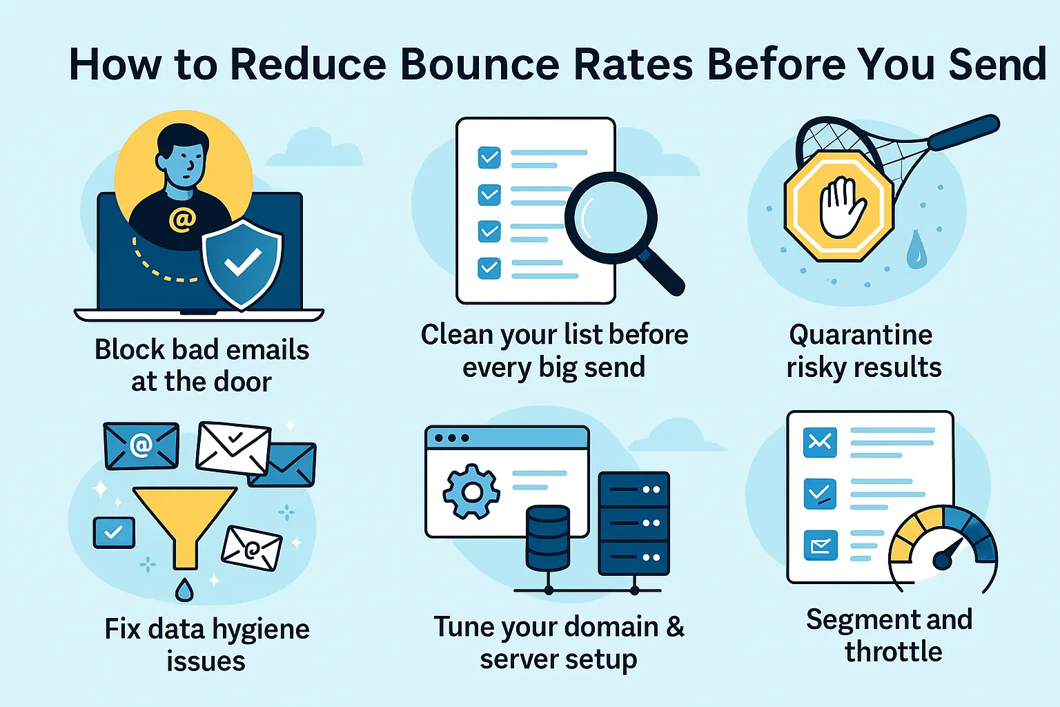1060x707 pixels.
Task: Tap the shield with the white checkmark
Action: tap(242, 262)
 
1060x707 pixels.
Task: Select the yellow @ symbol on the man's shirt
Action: tap(182, 220)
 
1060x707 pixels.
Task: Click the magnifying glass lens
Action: tap(610, 217)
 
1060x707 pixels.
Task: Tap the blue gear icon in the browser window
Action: tap(471, 492)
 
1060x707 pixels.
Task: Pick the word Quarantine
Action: tap(861, 335)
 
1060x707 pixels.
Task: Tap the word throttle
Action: tap(893, 651)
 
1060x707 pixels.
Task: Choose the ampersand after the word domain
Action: tap(675, 627)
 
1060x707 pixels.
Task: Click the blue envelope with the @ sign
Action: tap(141, 445)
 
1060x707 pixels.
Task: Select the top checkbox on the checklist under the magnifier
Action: tap(489, 157)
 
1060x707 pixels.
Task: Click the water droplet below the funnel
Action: tap(184, 590)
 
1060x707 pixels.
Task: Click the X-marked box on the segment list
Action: tap(820, 442)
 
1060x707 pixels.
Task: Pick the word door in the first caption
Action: tap(242, 382)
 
